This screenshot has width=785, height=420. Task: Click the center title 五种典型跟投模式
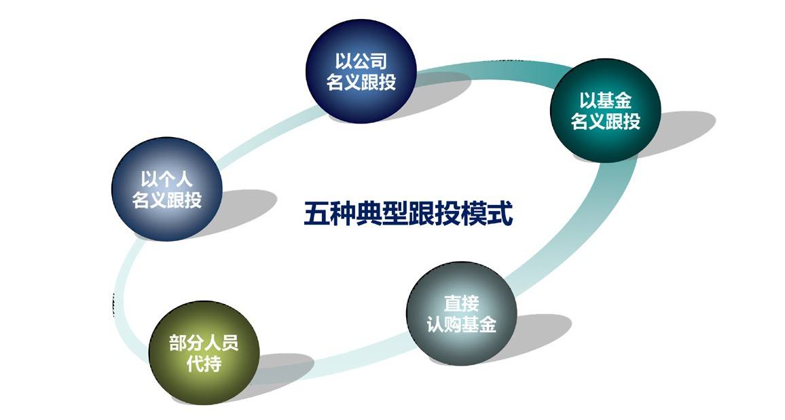click(x=408, y=214)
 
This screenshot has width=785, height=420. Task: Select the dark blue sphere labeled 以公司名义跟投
click(x=361, y=71)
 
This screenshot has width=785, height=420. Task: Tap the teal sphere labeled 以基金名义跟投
click(x=605, y=111)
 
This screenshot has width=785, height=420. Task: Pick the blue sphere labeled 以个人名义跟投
click(x=167, y=189)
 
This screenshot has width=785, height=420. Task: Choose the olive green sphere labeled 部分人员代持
click(x=204, y=353)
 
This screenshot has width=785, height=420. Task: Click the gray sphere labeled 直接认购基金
click(x=462, y=313)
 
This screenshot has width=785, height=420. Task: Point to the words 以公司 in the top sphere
click(x=361, y=61)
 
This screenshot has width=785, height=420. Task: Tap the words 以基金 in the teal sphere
click(x=605, y=100)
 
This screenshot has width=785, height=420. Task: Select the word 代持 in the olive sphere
click(x=204, y=363)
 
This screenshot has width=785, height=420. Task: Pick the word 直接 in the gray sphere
click(x=462, y=303)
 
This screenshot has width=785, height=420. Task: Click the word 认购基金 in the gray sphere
click(x=462, y=324)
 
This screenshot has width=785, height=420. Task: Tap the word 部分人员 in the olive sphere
click(x=204, y=343)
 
